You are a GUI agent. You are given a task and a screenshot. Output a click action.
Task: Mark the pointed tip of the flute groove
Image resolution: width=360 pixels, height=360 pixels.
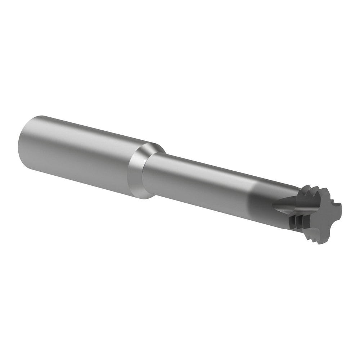click(274, 205)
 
